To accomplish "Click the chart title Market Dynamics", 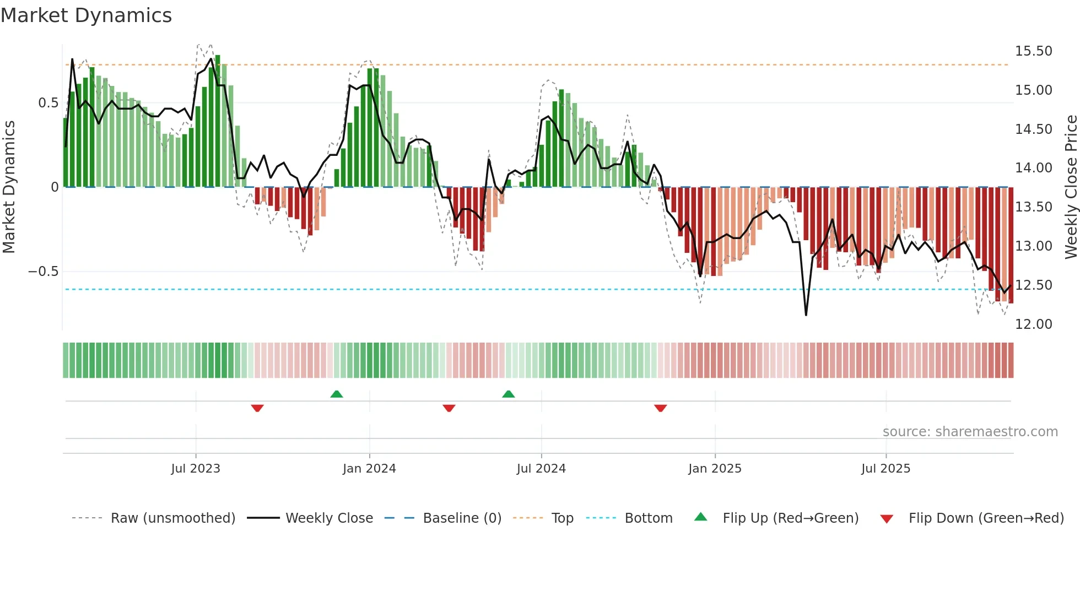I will click(x=87, y=15).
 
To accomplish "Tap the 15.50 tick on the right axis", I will click(x=1033, y=51).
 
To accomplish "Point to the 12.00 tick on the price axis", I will click(x=1033, y=324).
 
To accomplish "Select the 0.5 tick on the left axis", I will click(x=48, y=103).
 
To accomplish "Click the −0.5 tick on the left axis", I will click(x=43, y=272).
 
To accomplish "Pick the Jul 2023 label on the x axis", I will click(x=195, y=469).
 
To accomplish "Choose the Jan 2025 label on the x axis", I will click(x=715, y=469).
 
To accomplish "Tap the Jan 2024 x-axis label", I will click(x=369, y=469).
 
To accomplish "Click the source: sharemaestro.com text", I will click(x=970, y=432).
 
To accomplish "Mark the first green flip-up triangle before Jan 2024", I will click(x=337, y=394).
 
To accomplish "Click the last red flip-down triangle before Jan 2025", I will click(x=661, y=408).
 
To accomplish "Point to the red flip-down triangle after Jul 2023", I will click(x=257, y=408).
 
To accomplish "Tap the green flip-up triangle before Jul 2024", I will click(x=509, y=394).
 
